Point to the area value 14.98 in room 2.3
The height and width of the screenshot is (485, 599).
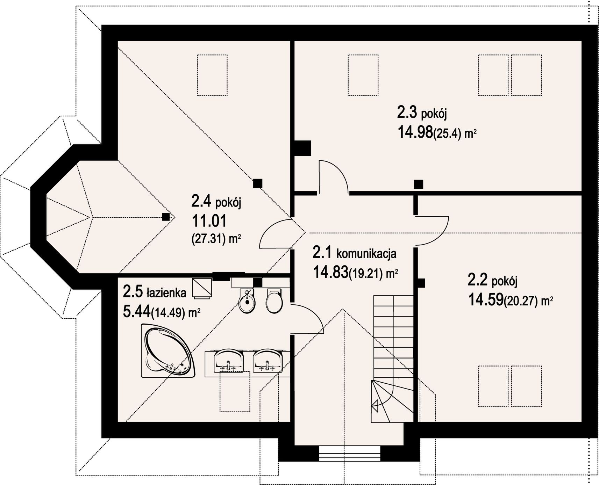(415, 133)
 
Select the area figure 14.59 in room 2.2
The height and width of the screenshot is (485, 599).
(486, 300)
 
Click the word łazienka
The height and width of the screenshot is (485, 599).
(166, 293)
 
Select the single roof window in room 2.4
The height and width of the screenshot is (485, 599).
(212, 75)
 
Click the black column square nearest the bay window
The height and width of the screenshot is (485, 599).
(166, 217)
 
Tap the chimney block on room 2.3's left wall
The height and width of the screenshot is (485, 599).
(303, 148)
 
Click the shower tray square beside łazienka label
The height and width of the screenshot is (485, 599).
(202, 289)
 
